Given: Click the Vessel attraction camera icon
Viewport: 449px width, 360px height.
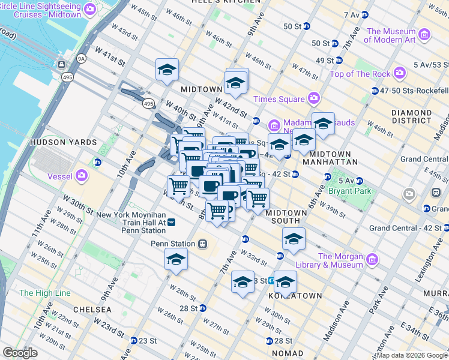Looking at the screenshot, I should (x=81, y=176).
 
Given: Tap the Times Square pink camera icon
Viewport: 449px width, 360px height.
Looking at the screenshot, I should (x=313, y=98).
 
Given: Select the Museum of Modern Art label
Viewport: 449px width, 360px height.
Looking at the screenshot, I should (x=390, y=35).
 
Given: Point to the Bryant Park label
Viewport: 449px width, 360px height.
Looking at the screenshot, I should (x=350, y=191).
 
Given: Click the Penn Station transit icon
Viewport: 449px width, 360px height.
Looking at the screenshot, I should (x=203, y=244).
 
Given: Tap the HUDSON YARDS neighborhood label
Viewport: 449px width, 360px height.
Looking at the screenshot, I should (x=63, y=142).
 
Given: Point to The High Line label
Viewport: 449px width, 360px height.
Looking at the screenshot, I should (x=45, y=293).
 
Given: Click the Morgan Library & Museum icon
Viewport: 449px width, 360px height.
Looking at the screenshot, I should (x=373, y=259).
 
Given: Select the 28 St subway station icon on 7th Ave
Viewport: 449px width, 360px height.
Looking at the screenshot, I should (x=203, y=308).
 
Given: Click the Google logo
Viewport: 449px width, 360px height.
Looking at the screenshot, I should (x=20, y=353).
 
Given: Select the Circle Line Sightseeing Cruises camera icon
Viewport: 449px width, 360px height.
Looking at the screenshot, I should (x=90, y=8).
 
